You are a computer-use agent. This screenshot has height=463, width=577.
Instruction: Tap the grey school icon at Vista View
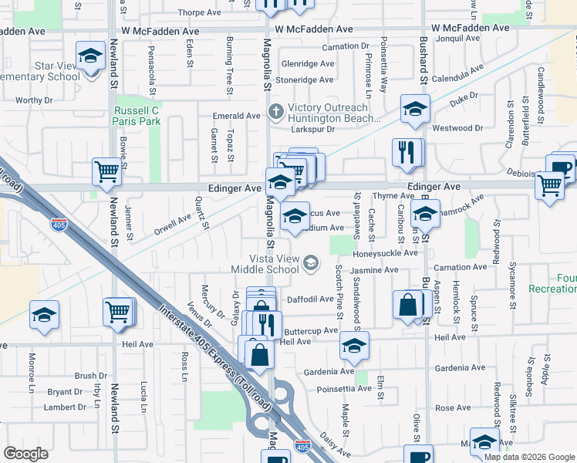pos(310,264)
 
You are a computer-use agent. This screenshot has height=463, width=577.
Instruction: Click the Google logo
pos(26,454)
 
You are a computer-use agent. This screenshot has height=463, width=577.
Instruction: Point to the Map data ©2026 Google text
pos(528,457)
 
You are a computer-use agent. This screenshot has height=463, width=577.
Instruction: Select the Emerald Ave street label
pos(237,116)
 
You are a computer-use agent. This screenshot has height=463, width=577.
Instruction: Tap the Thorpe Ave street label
pos(199,12)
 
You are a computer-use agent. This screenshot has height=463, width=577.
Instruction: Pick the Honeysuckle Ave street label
pos(385,253)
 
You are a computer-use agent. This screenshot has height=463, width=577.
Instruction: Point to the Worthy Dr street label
pos(34,100)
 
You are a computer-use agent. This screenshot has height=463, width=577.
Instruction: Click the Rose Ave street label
pos(453,407)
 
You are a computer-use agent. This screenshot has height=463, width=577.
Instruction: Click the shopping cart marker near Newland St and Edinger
pos(107,173)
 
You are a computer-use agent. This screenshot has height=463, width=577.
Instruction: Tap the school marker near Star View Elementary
pos(90,57)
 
